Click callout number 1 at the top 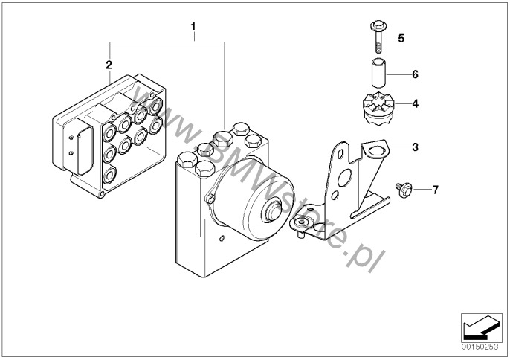pyautogui.click(x=193, y=27)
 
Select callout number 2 pyautogui.click(x=109, y=65)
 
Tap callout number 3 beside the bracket pyautogui.click(x=415, y=147)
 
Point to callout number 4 pyautogui.click(x=415, y=104)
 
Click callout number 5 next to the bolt pyautogui.click(x=401, y=39)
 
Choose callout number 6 pyautogui.click(x=415, y=74)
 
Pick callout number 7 pyautogui.click(x=435, y=190)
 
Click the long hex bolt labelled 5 pyautogui.click(x=378, y=36)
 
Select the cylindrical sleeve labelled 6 pyautogui.click(x=378, y=73)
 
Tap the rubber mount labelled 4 pyautogui.click(x=378, y=109)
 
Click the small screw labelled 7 pyautogui.click(x=404, y=190)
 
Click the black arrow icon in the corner pyautogui.click(x=481, y=327)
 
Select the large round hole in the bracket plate pyautogui.click(x=345, y=178)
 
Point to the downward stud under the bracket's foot pyautogui.click(x=301, y=235)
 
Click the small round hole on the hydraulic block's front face pyautogui.click(x=222, y=239)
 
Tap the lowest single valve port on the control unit pyautogui.click(x=109, y=175)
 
